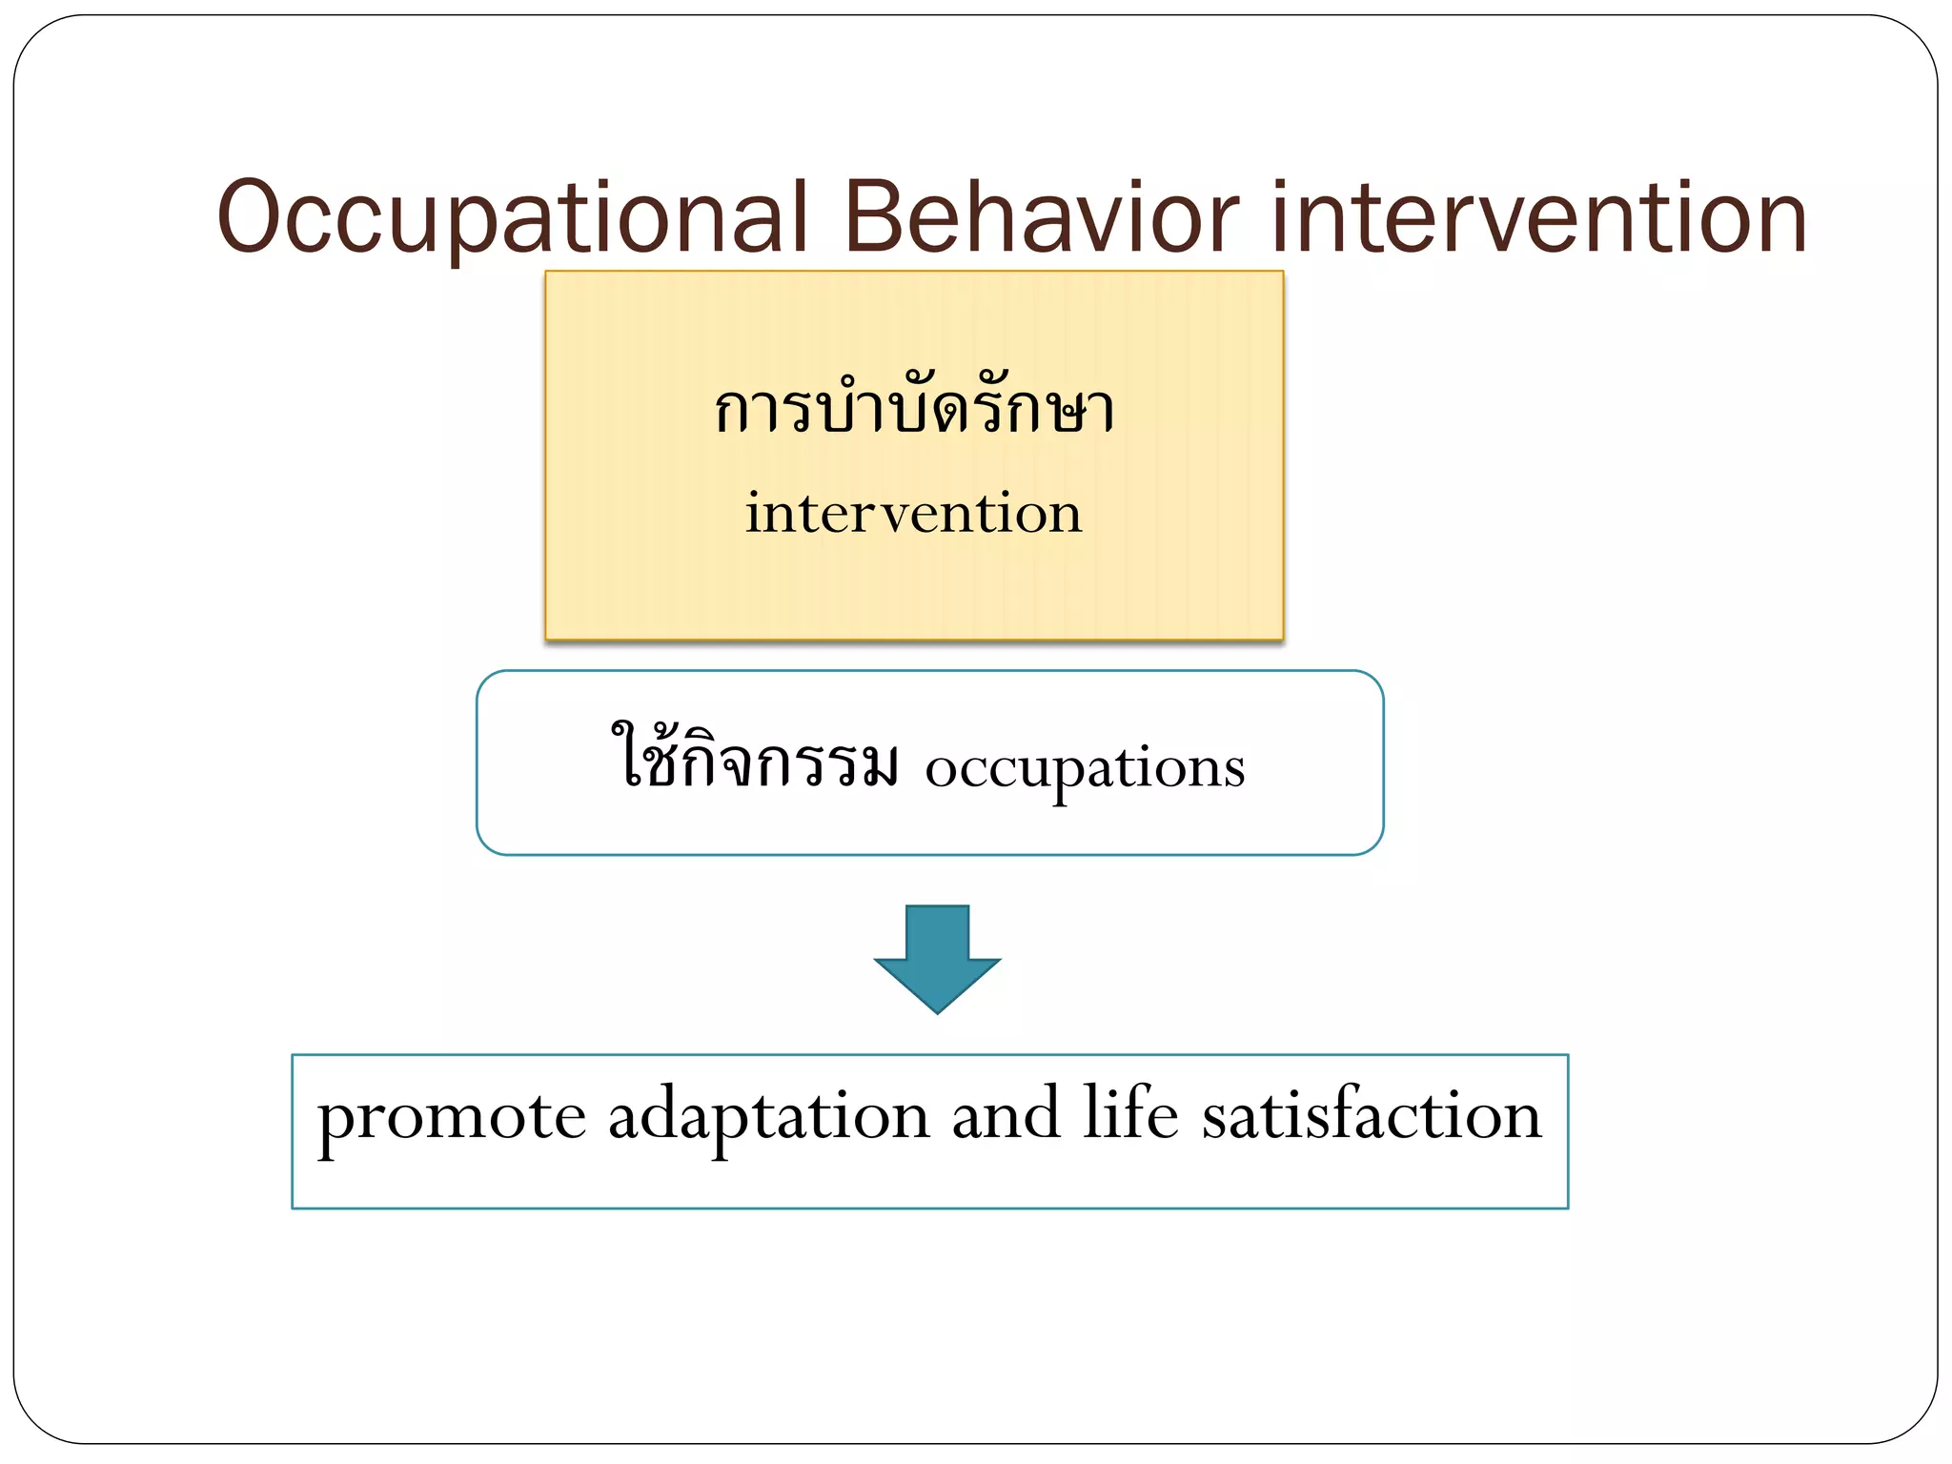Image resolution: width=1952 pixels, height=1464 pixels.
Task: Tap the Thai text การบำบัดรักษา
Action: pos(914,410)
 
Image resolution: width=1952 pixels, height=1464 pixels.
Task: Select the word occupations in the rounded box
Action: pos(1085,767)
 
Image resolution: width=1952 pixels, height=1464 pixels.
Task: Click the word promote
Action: pos(451,1117)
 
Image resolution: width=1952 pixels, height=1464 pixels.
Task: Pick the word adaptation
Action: pos(768,1117)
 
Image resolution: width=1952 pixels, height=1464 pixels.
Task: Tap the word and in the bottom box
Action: pos(1006,1113)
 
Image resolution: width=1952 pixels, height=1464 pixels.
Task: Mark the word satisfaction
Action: pos(1371,1113)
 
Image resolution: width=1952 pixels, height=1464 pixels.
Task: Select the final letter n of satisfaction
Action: pos(1519,1117)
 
